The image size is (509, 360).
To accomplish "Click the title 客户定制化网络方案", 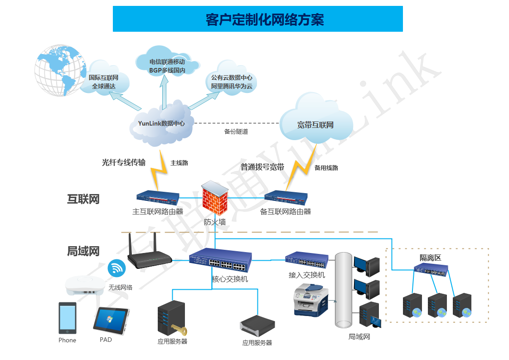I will point(257,19).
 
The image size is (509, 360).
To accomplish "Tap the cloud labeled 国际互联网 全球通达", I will point(105,81).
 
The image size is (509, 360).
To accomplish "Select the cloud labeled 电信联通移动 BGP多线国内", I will point(167,66).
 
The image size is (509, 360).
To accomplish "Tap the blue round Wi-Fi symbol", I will point(117,268).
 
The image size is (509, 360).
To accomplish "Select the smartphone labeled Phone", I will point(67,318).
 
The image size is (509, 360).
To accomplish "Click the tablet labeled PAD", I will point(111,321).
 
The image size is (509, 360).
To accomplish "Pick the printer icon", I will point(311,300).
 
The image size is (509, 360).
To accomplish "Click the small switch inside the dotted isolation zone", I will point(431,270).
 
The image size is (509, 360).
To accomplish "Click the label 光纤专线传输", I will point(124,162).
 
